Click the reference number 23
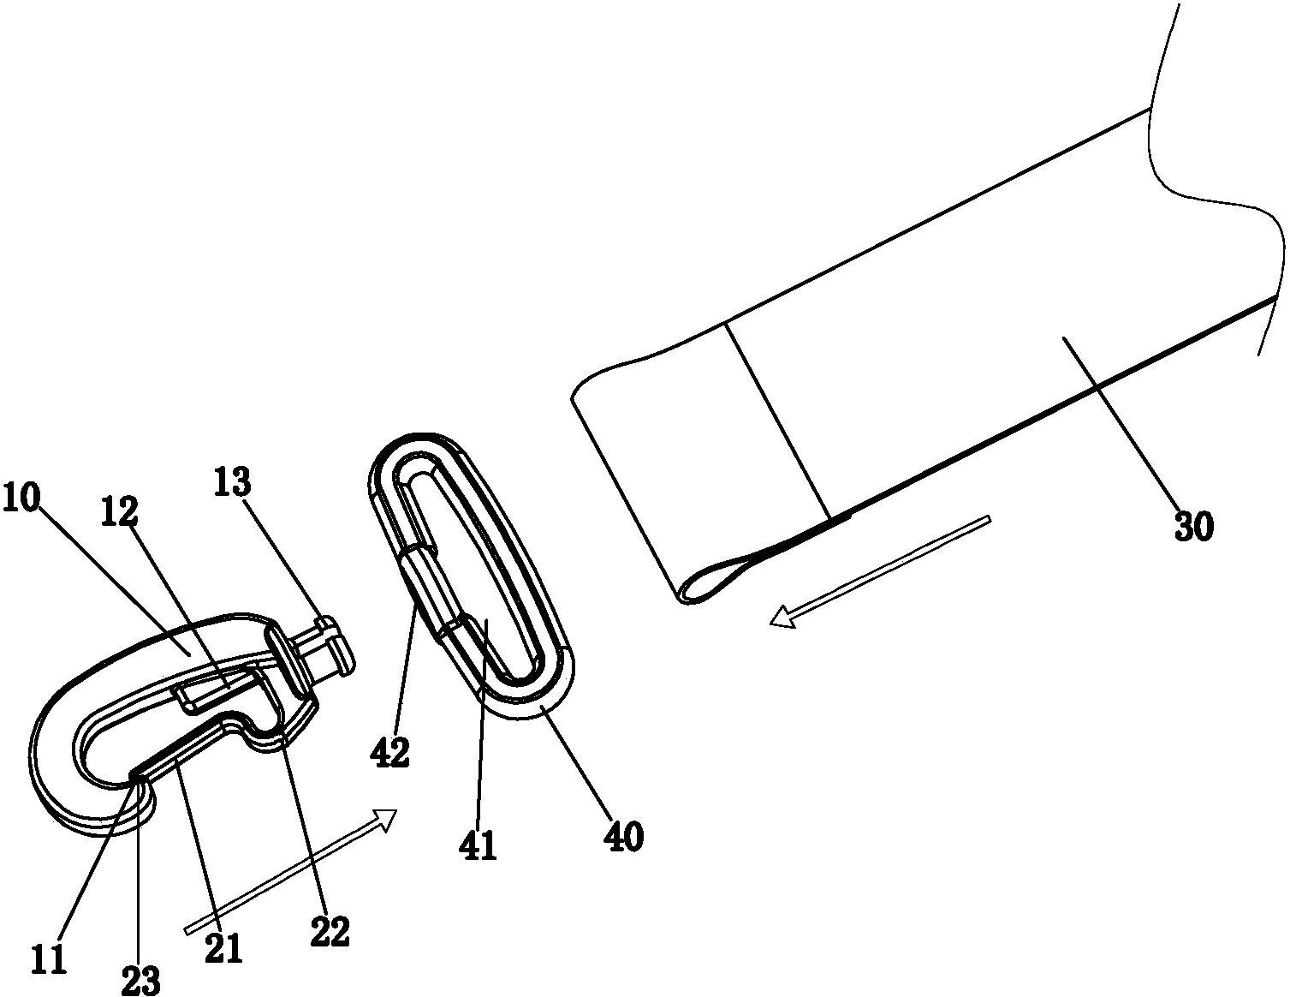(142, 979)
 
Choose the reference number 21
(223, 948)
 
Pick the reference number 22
(330, 931)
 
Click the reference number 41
(478, 845)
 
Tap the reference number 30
(1194, 526)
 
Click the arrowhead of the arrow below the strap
(782, 617)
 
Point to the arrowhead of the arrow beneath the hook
(384, 820)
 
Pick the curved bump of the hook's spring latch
(253, 731)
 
